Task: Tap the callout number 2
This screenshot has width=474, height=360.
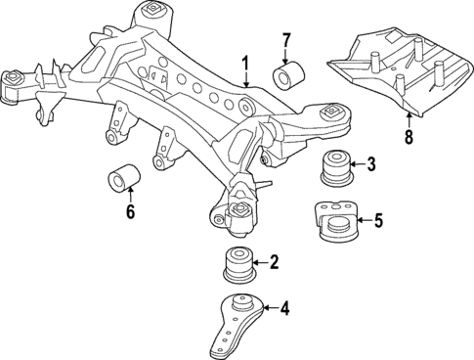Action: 275,261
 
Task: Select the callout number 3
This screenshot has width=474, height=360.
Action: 370,163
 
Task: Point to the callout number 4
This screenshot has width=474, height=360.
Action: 284,310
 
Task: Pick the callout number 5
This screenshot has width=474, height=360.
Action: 379,221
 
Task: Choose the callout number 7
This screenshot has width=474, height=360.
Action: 286,40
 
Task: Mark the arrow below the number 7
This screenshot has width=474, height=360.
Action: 286,55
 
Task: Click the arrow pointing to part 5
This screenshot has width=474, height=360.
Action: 363,221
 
